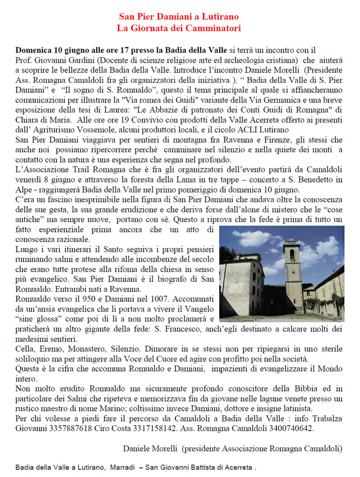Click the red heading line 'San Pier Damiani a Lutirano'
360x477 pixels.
click(179, 17)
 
